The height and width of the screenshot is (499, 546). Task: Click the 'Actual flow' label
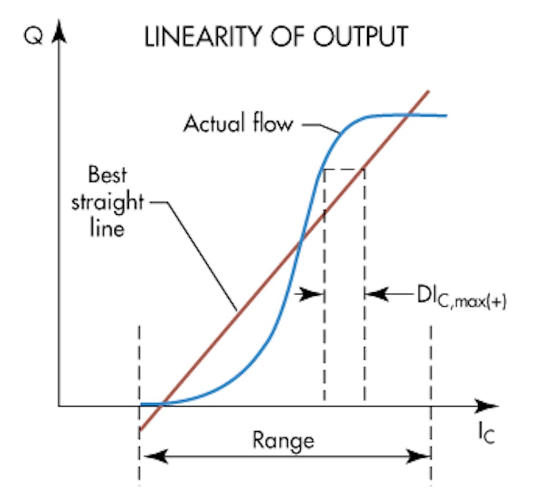pos(238,123)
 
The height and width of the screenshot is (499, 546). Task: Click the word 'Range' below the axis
pos(283,440)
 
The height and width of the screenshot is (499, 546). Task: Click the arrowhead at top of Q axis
pos(57,32)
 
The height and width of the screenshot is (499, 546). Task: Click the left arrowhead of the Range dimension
pos(151,457)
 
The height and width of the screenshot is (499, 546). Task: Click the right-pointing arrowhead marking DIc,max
pos(316,294)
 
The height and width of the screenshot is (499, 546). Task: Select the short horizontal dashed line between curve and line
pos(344,168)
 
